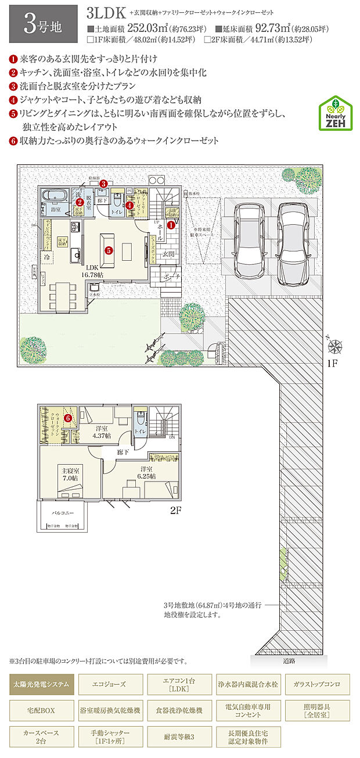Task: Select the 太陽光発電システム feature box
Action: point(41,684)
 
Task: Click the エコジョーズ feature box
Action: point(110,684)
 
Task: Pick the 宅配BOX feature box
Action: point(41,710)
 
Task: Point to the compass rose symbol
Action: point(335,347)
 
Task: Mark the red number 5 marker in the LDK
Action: point(109,250)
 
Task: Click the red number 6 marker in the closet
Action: point(68,417)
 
